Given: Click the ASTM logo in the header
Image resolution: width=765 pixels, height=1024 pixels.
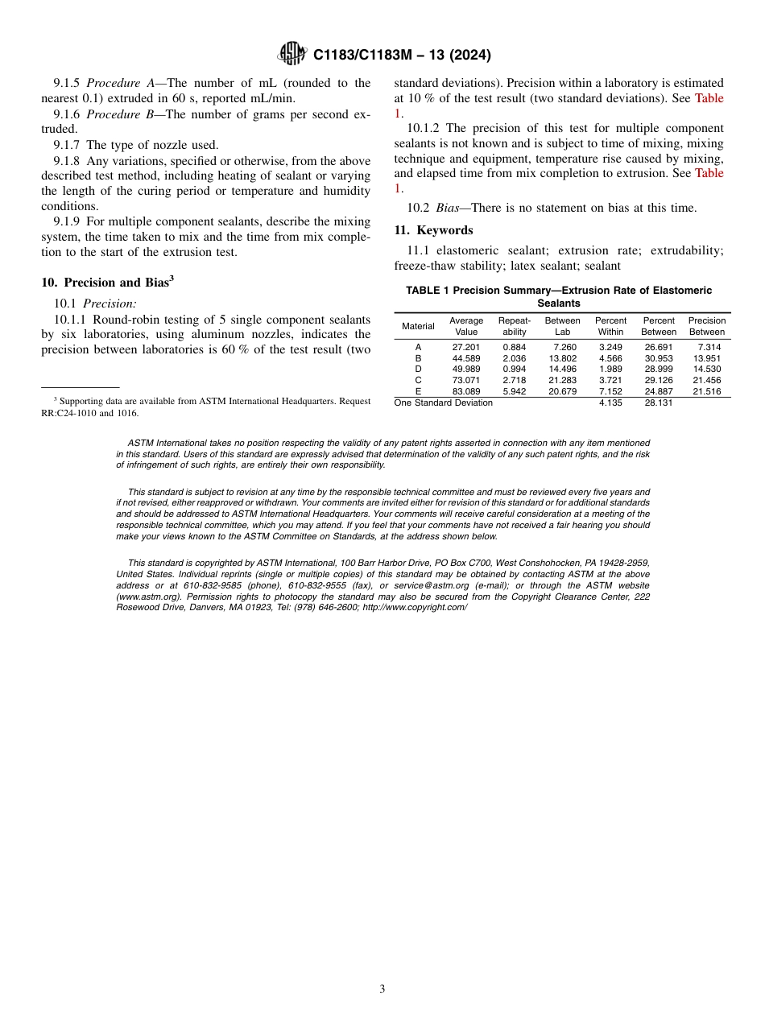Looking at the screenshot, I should [x=292, y=54].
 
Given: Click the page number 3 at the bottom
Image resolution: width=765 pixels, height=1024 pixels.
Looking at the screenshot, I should [x=382, y=989].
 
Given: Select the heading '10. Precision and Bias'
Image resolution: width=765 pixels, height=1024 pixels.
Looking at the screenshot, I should [x=107, y=283].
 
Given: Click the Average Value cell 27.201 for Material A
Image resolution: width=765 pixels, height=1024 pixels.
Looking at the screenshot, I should [x=466, y=347].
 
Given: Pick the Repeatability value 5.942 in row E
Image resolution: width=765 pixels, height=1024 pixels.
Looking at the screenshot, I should [x=514, y=391].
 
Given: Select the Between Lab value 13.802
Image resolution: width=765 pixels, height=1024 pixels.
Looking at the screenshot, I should [x=562, y=358].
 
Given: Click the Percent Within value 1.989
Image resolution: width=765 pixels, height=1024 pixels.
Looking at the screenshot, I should [x=610, y=370].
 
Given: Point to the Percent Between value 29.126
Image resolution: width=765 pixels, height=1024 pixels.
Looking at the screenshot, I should [x=659, y=380].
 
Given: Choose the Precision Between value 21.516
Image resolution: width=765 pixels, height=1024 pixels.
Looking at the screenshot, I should [x=706, y=391].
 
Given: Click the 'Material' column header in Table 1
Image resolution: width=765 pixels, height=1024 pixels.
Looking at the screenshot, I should [x=418, y=326].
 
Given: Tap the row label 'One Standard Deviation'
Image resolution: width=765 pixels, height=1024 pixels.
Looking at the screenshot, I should [x=443, y=403].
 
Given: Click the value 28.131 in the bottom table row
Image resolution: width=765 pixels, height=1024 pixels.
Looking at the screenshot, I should [x=659, y=403].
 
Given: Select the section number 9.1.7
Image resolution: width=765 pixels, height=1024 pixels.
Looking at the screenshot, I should [x=68, y=145].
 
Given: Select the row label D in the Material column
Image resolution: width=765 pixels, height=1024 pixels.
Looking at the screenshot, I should [x=418, y=370].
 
